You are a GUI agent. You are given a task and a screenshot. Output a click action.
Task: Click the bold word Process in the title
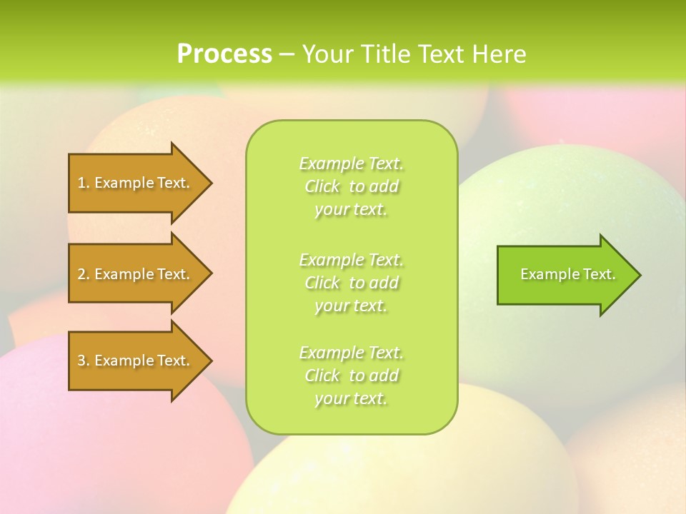click(224, 54)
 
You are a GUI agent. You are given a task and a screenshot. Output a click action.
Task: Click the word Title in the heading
click(384, 54)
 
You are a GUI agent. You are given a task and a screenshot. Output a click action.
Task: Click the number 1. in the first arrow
click(84, 183)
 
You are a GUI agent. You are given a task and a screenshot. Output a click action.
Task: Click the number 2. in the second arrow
click(84, 274)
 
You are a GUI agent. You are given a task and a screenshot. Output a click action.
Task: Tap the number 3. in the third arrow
click(84, 361)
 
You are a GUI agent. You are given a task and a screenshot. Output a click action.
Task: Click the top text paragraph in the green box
click(351, 186)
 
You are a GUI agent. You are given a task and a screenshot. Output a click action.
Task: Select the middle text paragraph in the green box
click(351, 283)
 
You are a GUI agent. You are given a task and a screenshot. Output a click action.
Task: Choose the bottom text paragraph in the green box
click(351, 376)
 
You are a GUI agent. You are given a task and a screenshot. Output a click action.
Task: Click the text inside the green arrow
click(567, 274)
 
